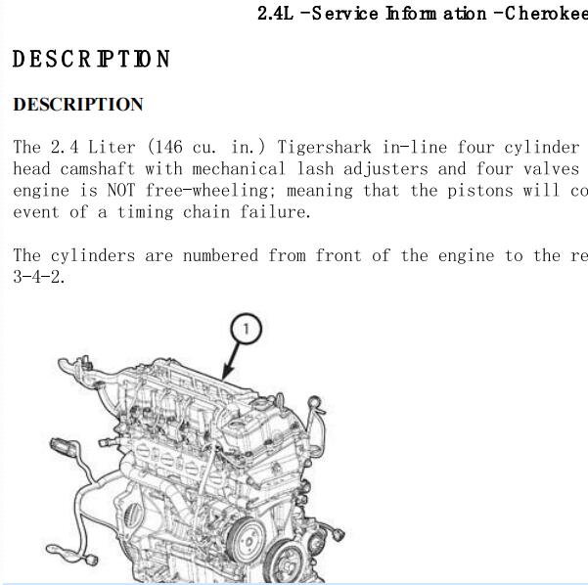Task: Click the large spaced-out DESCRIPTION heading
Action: tap(92, 59)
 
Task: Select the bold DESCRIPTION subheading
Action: tap(78, 105)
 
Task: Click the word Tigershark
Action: tap(324, 147)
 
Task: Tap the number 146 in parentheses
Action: tap(168, 147)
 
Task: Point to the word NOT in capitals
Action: tap(120, 191)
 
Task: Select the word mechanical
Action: tap(239, 168)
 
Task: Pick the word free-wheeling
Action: tap(206, 191)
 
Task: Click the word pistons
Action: tap(480, 191)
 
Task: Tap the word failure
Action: tap(275, 212)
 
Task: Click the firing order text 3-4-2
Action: tap(39, 277)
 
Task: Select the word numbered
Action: tap(220, 255)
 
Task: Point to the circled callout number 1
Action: tap(246, 329)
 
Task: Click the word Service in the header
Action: tap(344, 14)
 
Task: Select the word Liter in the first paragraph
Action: tap(112, 147)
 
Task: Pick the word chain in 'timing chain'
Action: tap(206, 212)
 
